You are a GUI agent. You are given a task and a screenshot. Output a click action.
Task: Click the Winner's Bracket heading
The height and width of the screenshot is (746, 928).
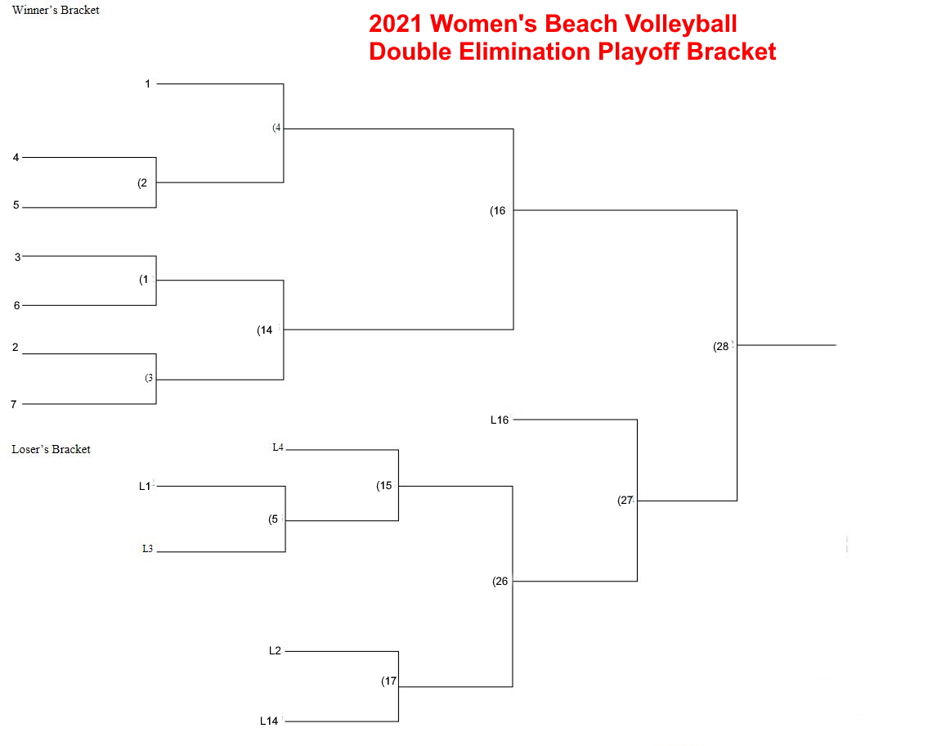pyautogui.click(x=56, y=10)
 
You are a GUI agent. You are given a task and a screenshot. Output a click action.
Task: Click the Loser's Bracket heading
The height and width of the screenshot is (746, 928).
pyautogui.click(x=51, y=449)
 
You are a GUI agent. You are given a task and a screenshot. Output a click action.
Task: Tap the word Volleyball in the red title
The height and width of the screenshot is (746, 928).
pyautogui.click(x=680, y=24)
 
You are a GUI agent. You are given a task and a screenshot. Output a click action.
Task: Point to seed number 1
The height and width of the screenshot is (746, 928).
pyautogui.click(x=147, y=84)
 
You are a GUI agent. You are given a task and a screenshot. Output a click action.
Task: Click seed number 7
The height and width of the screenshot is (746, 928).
pyautogui.click(x=14, y=404)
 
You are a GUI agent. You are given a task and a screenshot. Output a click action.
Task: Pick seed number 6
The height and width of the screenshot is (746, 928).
pyautogui.click(x=16, y=305)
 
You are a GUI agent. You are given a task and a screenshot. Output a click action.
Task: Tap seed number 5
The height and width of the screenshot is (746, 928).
pyautogui.click(x=16, y=205)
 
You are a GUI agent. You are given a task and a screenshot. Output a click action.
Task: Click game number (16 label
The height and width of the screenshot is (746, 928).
pyautogui.click(x=498, y=211)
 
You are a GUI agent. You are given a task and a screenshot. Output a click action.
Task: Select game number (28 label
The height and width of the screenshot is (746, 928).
pyautogui.click(x=721, y=346)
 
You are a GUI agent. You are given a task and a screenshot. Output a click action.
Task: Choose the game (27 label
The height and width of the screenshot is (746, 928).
pyautogui.click(x=625, y=501)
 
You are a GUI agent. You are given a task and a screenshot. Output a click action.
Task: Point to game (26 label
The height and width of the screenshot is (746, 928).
pyautogui.click(x=500, y=582)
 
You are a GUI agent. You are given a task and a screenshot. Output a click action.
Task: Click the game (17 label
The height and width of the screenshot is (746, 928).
pyautogui.click(x=389, y=681)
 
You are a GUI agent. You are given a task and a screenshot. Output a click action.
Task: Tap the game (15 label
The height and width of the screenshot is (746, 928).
pyautogui.click(x=384, y=486)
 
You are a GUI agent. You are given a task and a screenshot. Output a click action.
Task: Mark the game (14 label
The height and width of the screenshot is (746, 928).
pyautogui.click(x=265, y=330)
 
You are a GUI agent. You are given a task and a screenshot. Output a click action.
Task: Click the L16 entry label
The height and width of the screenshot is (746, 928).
pyautogui.click(x=500, y=420)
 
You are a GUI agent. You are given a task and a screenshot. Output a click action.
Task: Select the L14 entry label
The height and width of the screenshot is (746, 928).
pyautogui.click(x=269, y=721)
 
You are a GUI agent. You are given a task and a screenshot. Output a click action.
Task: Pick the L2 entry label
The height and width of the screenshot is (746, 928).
pyautogui.click(x=275, y=651)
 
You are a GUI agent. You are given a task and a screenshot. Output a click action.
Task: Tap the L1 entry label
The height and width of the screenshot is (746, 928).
pyautogui.click(x=145, y=487)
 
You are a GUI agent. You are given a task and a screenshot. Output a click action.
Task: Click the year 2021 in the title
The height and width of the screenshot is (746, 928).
pyautogui.click(x=396, y=24)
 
